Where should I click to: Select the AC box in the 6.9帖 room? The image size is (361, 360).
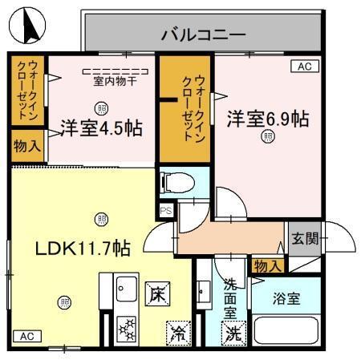point(304,67)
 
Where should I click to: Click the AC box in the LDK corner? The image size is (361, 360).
point(25,336)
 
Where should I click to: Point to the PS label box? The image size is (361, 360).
point(166,211)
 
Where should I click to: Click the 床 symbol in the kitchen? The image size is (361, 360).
point(155,295)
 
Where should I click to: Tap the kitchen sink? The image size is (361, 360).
point(125,286)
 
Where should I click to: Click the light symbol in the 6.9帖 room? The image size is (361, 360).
point(266,137)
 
